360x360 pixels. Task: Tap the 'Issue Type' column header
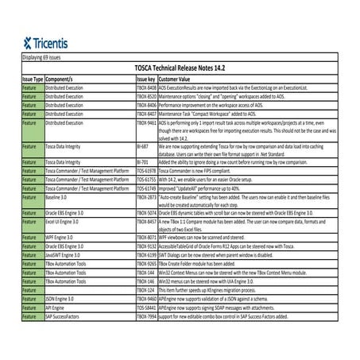click(x=33, y=80)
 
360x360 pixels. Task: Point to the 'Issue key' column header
click(x=145, y=80)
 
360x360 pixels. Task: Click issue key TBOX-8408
click(x=146, y=88)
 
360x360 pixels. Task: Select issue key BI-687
click(x=143, y=147)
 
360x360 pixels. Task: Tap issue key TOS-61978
click(x=146, y=172)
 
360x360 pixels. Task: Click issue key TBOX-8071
click(x=146, y=238)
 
